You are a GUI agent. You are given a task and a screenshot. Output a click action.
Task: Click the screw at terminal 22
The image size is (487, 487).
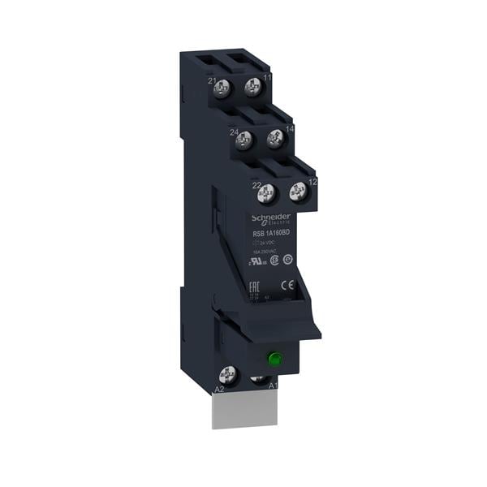click(x=263, y=194)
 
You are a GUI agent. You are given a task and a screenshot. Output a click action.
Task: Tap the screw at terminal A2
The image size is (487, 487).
click(x=229, y=374)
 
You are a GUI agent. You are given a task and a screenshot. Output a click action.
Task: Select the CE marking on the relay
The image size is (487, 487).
click(x=286, y=285)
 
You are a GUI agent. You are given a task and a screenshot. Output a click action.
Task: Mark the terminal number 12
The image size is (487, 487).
click(x=312, y=182)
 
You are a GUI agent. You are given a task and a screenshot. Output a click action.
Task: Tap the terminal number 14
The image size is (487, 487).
click(x=289, y=129)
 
